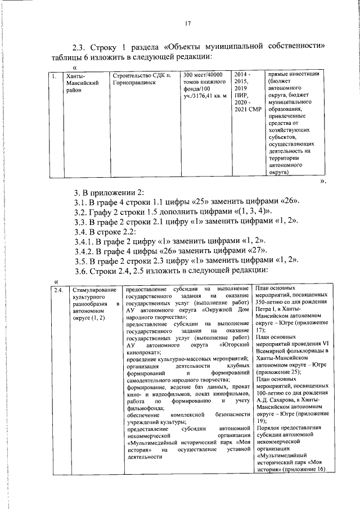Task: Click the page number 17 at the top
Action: point(188,23)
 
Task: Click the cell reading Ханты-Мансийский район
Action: point(82,82)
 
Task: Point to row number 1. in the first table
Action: point(53,75)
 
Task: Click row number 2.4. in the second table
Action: point(58,290)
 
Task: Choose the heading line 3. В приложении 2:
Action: point(112,191)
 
